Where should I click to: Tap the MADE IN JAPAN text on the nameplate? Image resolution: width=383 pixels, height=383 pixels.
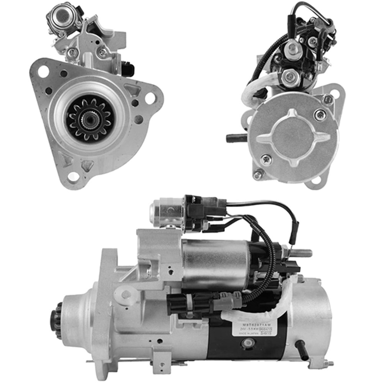click(248, 334)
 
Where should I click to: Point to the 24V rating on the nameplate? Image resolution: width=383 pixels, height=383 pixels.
click(244, 329)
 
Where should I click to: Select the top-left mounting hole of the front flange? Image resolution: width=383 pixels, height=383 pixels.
click(43, 71)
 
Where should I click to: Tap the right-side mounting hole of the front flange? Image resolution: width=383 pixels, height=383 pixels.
click(150, 98)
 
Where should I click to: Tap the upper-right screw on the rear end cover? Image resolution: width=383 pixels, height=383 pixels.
click(320, 114)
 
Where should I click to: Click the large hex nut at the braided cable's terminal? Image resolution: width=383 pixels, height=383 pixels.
click(290, 78)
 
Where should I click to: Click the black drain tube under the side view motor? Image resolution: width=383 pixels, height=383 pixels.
click(302, 350)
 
